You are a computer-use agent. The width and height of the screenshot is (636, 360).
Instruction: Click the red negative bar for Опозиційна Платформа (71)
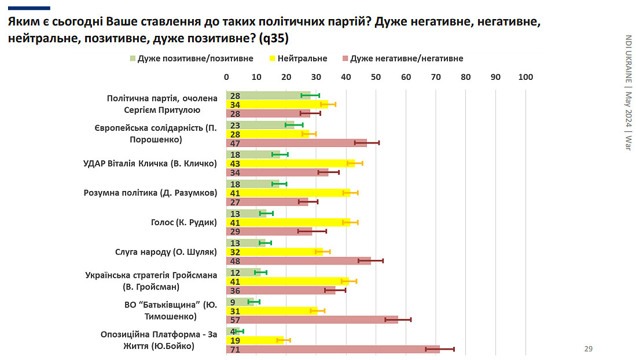(x=333, y=349)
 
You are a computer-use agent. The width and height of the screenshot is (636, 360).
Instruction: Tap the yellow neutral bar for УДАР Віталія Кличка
(x=290, y=163)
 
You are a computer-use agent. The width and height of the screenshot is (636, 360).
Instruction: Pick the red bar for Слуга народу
(x=298, y=260)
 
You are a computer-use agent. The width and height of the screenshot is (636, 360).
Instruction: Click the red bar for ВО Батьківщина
(x=312, y=319)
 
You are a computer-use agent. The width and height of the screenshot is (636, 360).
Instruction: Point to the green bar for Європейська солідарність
(x=260, y=124)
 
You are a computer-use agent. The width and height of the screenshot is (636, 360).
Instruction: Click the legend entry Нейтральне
(x=302, y=58)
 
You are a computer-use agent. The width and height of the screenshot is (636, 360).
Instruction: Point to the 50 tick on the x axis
(x=376, y=77)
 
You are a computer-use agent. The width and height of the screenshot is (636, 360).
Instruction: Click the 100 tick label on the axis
(x=525, y=77)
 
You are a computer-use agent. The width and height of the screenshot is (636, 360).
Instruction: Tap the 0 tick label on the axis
(x=226, y=77)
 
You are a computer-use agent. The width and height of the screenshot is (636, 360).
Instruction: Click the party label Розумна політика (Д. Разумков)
(x=150, y=193)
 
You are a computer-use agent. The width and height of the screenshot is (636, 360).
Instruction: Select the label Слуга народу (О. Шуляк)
(x=166, y=252)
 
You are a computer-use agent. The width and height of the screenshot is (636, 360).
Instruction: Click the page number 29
(x=588, y=348)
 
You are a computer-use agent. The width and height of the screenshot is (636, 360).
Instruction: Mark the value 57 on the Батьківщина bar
(x=235, y=319)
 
